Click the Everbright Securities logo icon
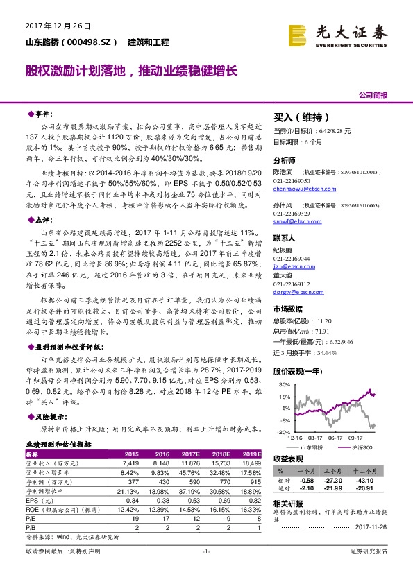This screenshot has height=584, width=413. pos(298,33)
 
